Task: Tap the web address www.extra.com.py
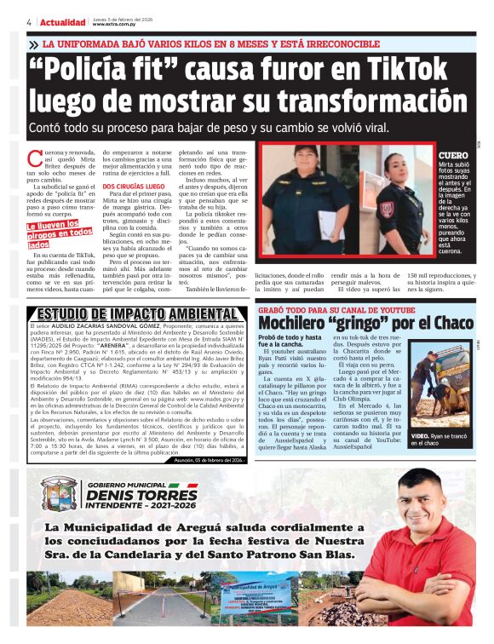pos(118,25)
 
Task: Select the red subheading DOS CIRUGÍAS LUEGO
pos(134,186)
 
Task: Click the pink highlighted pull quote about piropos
pos(59,235)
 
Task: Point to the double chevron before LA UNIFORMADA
pos(33,43)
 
